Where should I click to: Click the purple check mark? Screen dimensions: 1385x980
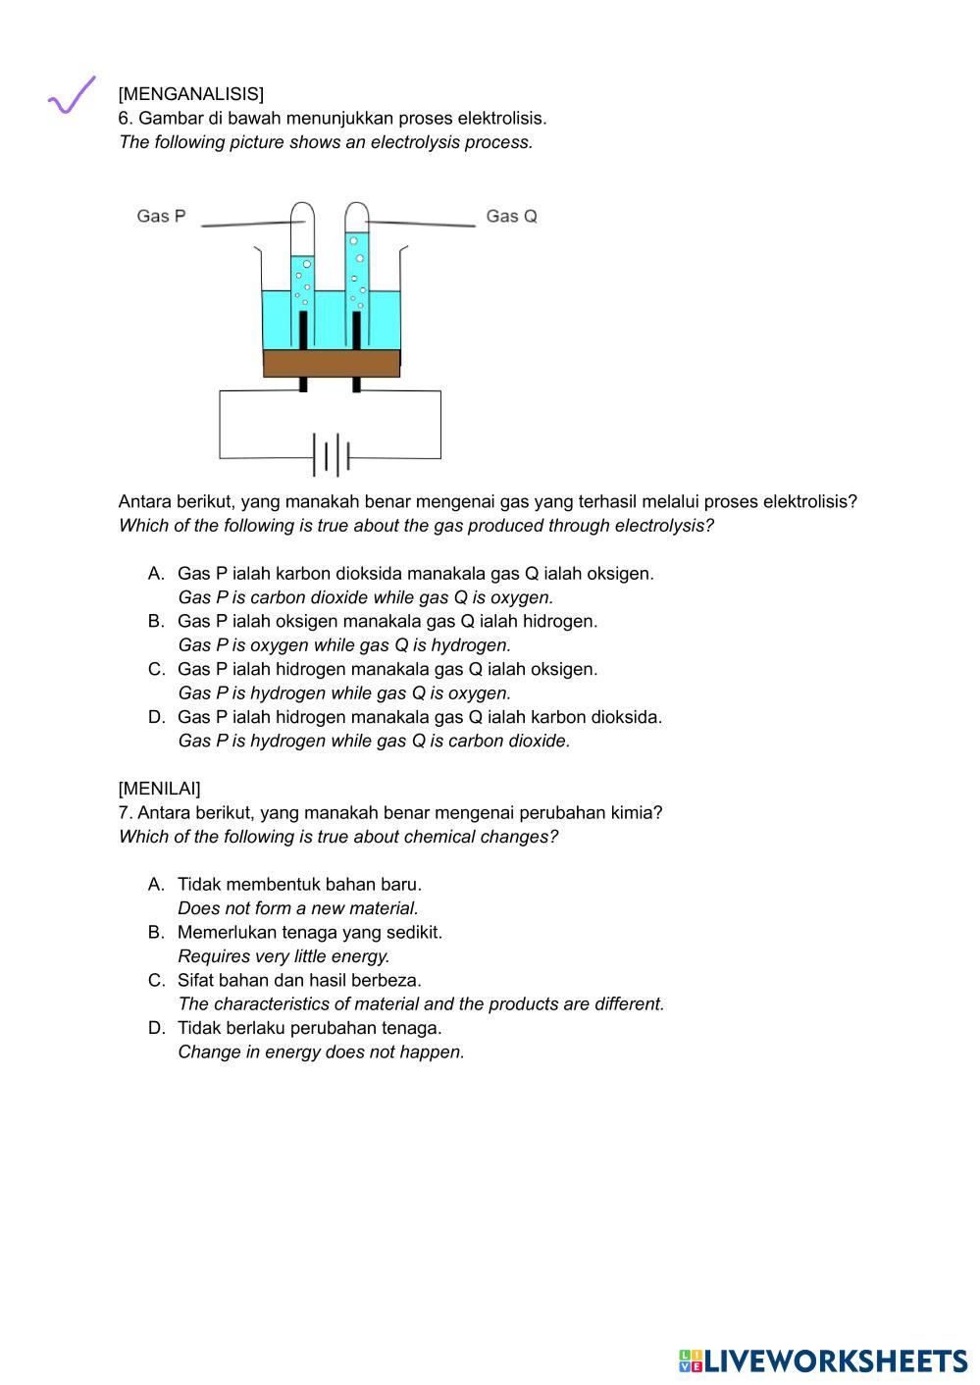72,95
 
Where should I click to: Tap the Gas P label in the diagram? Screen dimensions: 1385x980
161,216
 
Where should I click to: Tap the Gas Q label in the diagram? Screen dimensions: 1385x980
511,216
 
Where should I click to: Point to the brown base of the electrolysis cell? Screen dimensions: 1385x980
332,363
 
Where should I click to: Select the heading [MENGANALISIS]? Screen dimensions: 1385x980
190,94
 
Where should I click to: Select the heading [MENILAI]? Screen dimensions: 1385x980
159,789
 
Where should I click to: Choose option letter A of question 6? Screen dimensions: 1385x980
155,574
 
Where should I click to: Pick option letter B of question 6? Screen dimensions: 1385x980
155,622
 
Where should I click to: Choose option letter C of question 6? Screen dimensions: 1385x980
155,670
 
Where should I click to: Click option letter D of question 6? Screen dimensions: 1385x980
155,718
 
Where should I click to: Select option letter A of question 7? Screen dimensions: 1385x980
155,885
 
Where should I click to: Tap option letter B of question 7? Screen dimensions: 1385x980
155,933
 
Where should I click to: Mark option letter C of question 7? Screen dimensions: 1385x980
155,981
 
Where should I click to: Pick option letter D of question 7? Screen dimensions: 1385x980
155,1029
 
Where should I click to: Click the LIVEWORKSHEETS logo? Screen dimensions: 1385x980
822,1360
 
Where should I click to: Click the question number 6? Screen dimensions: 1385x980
124,119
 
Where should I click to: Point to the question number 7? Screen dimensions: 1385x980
124,813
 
